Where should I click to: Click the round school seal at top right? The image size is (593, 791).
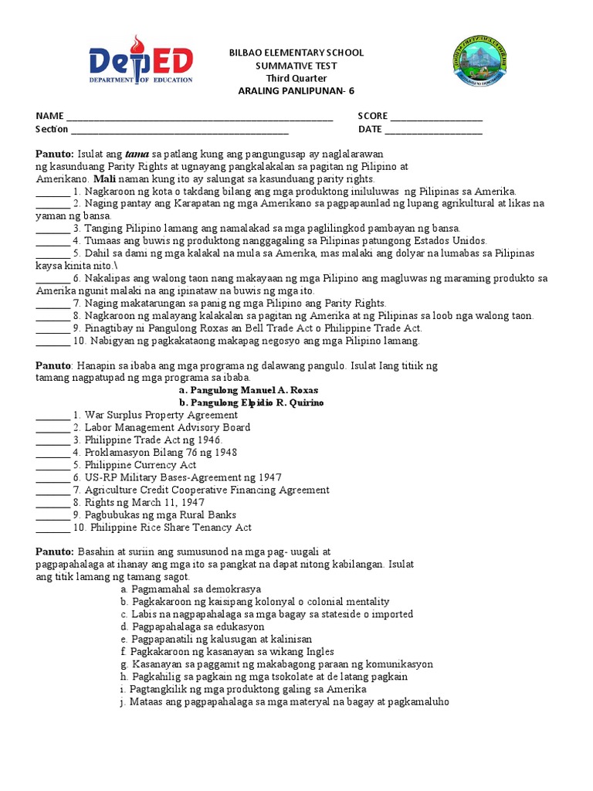[x=479, y=61]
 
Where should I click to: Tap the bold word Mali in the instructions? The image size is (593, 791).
[x=103, y=178]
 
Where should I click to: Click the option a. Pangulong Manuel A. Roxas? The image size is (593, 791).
[x=248, y=390]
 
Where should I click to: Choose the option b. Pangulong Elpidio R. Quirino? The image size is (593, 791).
[x=251, y=402]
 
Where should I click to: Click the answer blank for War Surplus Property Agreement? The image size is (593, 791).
[x=53, y=416]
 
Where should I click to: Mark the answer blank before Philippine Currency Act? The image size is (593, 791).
[x=53, y=466]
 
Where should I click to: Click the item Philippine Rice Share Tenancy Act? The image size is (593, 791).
[x=171, y=528]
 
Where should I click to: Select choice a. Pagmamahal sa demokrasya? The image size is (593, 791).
[x=191, y=589]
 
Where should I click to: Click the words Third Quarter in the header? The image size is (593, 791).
[x=296, y=78]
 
